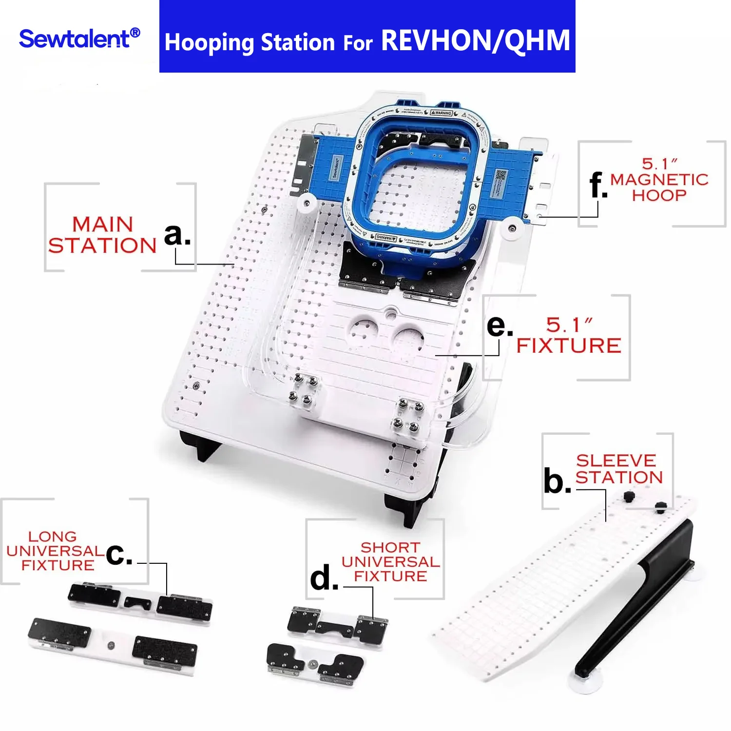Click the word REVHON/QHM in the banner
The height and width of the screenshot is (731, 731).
(475, 40)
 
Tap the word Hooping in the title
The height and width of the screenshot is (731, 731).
(210, 43)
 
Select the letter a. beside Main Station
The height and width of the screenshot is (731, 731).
(177, 235)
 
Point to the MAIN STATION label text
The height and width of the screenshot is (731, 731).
(102, 235)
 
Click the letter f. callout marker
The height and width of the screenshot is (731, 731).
(598, 185)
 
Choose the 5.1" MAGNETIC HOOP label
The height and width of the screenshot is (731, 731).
(659, 180)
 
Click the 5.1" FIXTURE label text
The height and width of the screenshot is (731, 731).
(569, 335)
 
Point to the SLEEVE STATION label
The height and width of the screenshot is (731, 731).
(619, 469)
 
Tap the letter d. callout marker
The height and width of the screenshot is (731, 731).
(324, 578)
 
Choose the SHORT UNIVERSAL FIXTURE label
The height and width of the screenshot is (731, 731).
(391, 562)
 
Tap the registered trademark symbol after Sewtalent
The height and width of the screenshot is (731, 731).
(135, 33)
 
